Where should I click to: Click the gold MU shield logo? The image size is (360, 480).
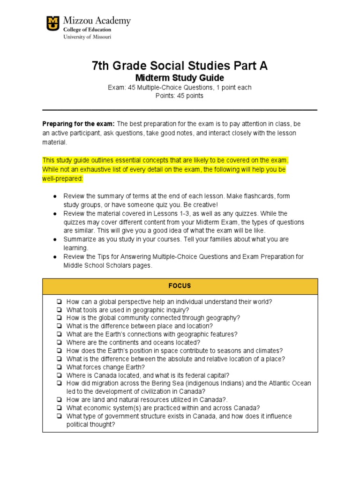pos(53,23)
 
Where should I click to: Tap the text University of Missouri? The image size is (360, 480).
pos(88,37)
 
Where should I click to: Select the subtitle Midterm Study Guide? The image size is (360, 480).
pos(180,78)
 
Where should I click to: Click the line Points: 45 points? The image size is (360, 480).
pos(180,96)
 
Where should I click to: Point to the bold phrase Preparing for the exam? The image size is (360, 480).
pos(78,124)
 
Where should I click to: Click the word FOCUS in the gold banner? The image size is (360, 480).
pos(180,286)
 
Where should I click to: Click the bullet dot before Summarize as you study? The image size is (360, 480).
pos(55,240)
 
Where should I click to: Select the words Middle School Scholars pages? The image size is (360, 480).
pos(108,265)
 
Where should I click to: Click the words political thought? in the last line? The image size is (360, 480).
pos(90,424)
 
